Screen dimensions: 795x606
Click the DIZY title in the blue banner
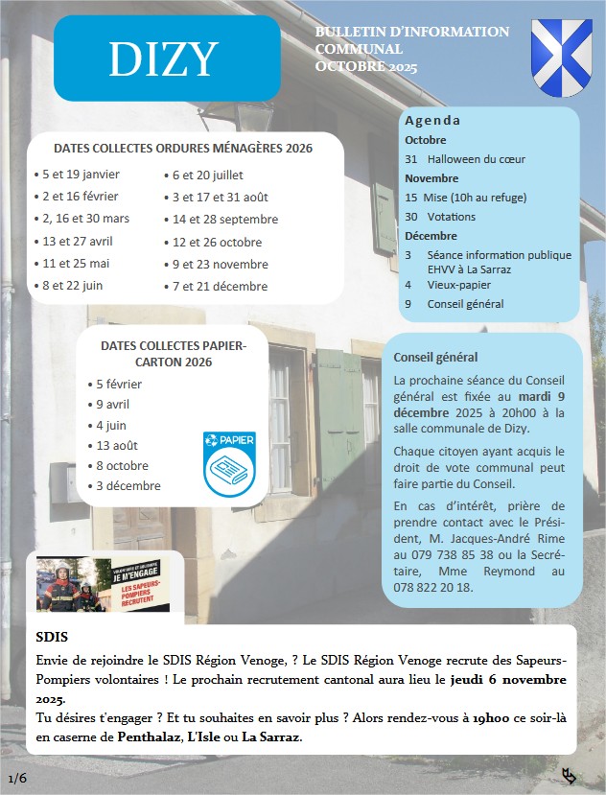[x=164, y=59]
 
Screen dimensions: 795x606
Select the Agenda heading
[x=432, y=121]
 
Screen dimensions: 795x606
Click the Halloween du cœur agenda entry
[x=477, y=159]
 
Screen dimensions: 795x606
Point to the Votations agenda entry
[x=452, y=217]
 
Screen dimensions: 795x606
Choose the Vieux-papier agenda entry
[x=459, y=285]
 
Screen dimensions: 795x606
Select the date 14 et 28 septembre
[x=225, y=219]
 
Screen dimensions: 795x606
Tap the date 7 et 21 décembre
[x=221, y=286]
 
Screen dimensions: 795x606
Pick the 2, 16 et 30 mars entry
[x=85, y=219]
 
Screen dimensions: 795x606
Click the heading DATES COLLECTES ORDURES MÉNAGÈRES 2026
[x=183, y=149]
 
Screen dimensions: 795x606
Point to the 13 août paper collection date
[x=117, y=445]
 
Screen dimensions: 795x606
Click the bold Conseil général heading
[x=435, y=358]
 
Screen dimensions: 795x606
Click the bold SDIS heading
[x=52, y=637]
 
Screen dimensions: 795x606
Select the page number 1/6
[x=17, y=777]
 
